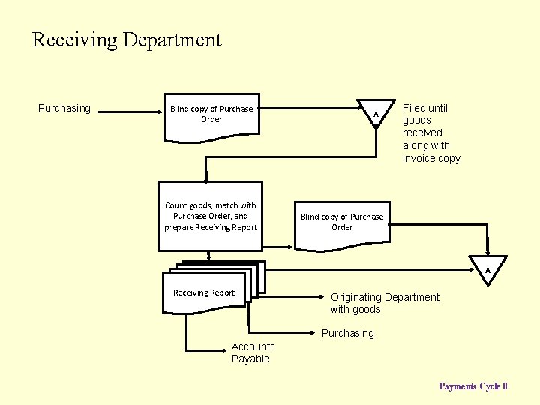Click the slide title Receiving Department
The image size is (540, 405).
(x=127, y=40)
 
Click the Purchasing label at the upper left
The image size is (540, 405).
(x=64, y=108)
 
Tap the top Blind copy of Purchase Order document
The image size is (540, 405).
(x=211, y=115)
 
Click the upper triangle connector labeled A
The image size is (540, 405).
(x=375, y=112)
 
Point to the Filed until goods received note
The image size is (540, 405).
(x=431, y=133)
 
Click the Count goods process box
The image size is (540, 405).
(x=211, y=216)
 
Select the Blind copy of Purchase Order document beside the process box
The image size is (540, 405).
(x=342, y=223)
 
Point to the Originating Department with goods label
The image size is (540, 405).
(x=385, y=303)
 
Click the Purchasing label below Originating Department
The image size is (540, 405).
(x=347, y=333)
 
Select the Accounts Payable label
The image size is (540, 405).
(x=253, y=352)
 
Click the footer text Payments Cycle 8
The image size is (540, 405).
(x=472, y=386)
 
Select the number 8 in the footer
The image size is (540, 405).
(x=505, y=386)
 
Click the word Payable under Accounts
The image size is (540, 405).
(x=250, y=358)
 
